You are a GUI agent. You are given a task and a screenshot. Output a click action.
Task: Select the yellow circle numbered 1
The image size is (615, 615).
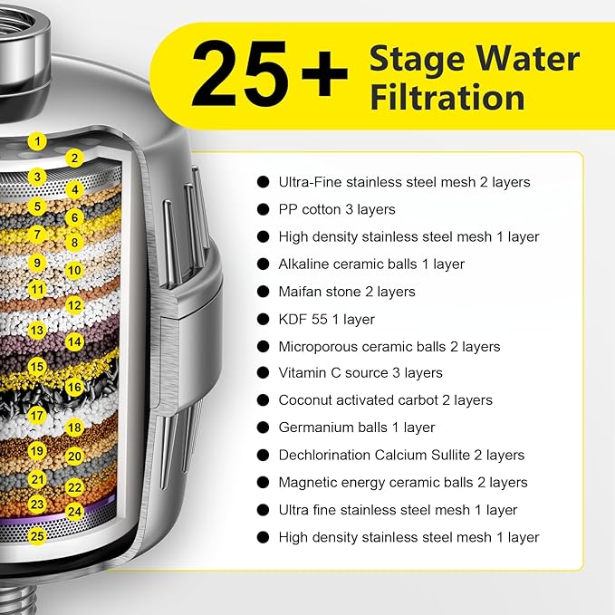[36, 140]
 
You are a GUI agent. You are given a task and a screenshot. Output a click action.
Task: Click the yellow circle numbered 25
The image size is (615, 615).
[36, 535]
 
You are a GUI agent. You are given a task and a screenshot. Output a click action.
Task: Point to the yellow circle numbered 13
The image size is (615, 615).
[36, 332]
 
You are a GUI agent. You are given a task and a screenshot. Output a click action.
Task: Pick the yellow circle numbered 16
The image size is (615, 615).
[74, 386]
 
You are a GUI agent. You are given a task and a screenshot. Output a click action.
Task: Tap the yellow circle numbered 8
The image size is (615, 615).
[74, 243]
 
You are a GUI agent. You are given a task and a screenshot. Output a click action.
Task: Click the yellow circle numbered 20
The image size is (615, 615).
[74, 457]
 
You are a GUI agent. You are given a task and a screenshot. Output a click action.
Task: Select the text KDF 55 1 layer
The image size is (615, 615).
[326, 319]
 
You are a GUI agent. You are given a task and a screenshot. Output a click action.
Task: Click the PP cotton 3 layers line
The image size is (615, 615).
[337, 209]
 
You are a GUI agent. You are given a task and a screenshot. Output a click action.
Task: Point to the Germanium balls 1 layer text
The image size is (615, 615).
[357, 428]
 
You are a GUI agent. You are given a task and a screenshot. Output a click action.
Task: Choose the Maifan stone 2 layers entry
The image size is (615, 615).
[347, 292]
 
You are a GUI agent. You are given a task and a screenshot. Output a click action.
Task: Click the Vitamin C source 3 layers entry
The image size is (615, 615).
[360, 372]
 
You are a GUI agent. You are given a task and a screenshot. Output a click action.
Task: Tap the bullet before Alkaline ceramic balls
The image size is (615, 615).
[264, 264]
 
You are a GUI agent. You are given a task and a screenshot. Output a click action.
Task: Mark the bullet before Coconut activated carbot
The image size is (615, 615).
[264, 400]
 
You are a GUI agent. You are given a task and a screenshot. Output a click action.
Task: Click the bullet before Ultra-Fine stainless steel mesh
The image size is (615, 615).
[264, 182]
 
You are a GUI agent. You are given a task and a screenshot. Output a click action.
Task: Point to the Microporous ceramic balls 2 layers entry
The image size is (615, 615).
[389, 346]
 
